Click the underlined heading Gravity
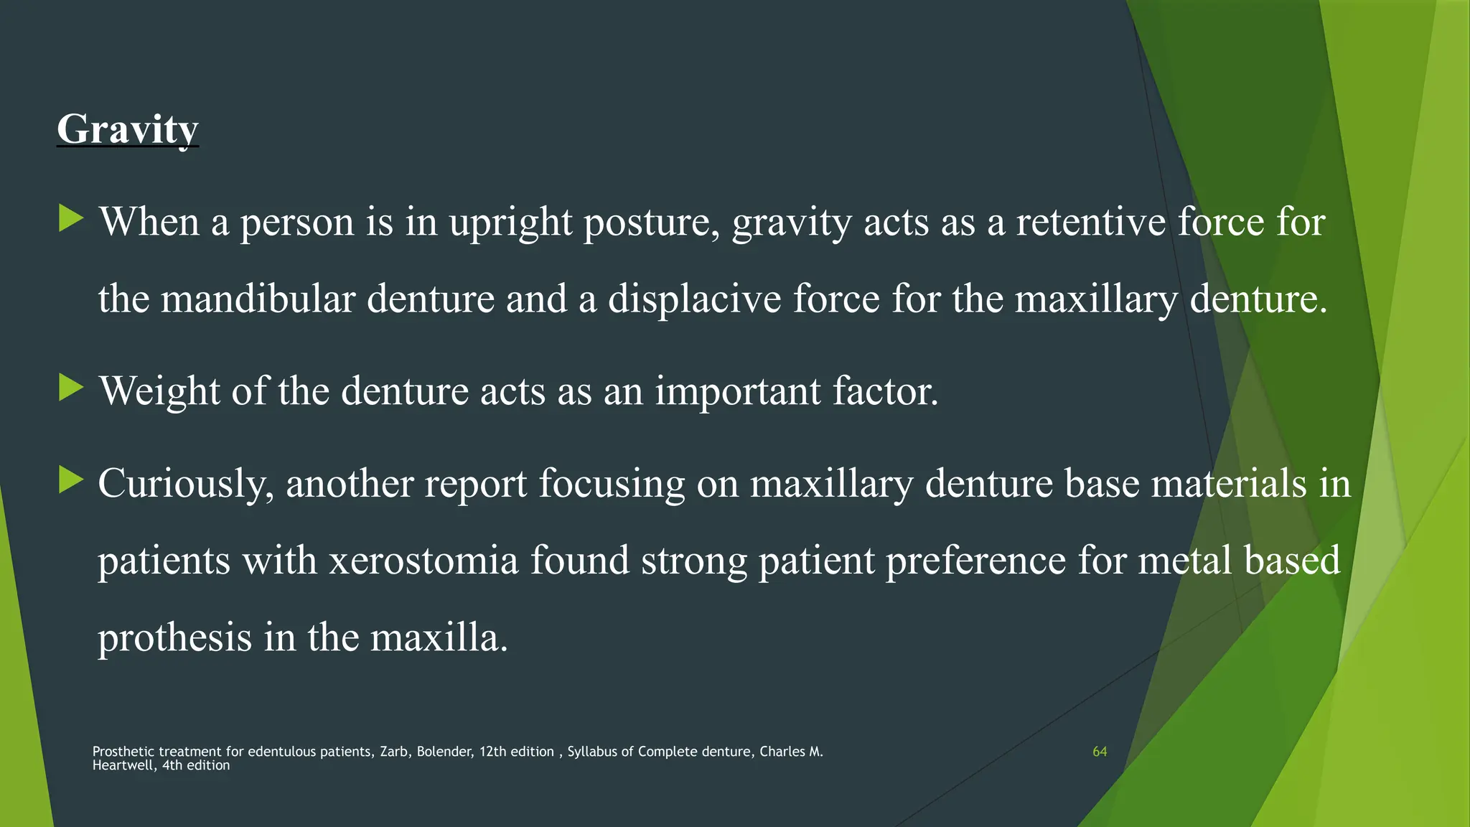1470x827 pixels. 127,129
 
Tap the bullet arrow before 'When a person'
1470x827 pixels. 71,218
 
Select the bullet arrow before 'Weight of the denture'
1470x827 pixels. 71,388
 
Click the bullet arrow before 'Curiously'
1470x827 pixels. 71,480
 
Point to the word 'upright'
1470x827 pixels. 510,223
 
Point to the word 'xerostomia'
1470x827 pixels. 423,560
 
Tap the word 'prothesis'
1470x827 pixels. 174,637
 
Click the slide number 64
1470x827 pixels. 1099,752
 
